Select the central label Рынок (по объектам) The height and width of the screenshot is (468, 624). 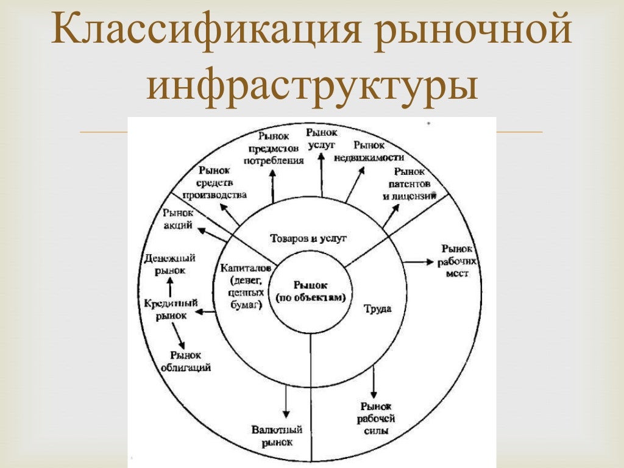tap(311, 291)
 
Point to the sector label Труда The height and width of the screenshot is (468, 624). tap(378, 308)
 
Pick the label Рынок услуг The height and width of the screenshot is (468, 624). tap(322, 136)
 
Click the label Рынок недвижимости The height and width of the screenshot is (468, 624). tap(369, 151)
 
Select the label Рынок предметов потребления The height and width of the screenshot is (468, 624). tap(274, 148)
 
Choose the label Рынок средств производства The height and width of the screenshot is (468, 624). tap(214, 183)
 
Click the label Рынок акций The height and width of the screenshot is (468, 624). tap(178, 219)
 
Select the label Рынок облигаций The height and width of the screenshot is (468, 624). tap(186, 361)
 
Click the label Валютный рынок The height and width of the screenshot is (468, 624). tap(277, 436)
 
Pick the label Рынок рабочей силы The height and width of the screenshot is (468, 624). tap(376, 419)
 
